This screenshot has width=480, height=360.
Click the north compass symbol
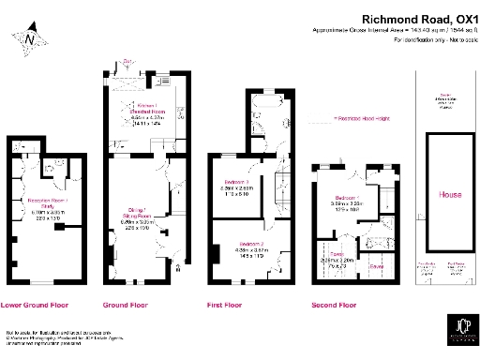(31, 38)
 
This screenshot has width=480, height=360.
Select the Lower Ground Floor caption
(36, 305)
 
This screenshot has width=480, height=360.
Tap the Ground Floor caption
(126, 305)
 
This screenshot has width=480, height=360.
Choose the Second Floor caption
(335, 305)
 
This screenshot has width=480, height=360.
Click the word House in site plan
(450, 195)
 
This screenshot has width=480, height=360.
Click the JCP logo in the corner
(457, 335)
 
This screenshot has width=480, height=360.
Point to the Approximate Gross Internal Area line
(394, 30)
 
